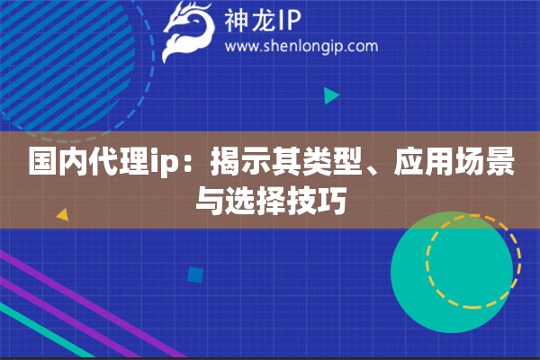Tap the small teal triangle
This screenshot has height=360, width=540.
click(x=330, y=95)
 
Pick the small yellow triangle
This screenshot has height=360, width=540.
click(x=62, y=215)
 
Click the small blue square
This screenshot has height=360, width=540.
click(x=194, y=274)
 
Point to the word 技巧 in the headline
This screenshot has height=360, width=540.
click(x=318, y=202)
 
